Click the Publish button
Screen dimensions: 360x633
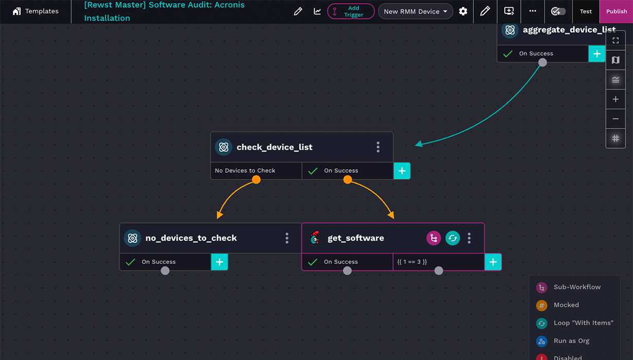616,11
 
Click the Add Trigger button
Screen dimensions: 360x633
351,11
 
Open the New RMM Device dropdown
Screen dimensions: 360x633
415,11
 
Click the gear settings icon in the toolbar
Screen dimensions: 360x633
463,11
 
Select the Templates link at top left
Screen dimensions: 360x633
36,11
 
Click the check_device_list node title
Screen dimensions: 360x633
274,147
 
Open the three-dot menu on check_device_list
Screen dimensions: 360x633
378,147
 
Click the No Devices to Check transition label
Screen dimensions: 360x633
245,171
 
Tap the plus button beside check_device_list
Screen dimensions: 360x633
402,171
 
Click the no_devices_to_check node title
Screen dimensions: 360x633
191,238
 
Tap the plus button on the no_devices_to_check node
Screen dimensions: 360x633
219,262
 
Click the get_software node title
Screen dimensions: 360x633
356,238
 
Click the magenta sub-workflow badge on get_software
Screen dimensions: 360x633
434,238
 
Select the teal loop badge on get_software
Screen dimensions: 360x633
452,238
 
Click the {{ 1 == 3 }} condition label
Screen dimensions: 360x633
412,262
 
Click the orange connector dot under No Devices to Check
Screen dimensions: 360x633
256,179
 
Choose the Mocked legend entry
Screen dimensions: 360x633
566,305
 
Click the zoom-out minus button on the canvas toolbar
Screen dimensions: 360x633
616,119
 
